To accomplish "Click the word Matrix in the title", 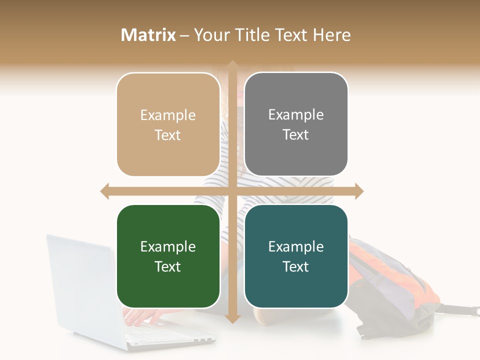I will point(148,35).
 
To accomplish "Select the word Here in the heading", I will point(331,35).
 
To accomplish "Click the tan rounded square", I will point(168,124).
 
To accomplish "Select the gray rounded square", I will point(296,124).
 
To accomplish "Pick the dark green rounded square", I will point(168,256).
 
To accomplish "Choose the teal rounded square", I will point(296,256).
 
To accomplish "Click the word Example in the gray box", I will point(296,115).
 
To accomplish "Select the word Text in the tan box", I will point(168,135).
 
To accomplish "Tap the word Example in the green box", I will point(168,246).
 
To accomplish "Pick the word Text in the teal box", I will point(296,266).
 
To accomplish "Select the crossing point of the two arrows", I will point(232,191).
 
